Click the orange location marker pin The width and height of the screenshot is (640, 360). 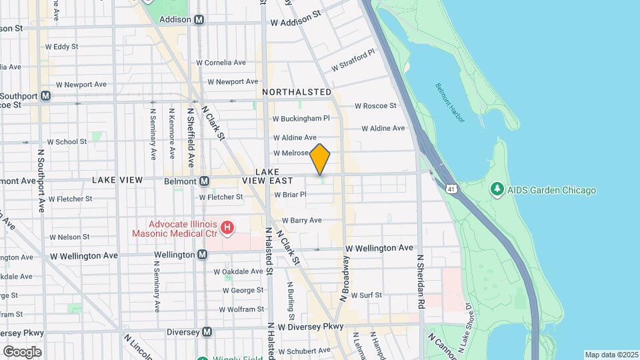coord(320,159)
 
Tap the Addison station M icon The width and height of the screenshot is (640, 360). coord(199,20)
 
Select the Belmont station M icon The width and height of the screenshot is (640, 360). coord(205,181)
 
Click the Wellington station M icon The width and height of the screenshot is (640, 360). coord(202,255)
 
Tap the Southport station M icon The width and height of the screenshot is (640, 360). coord(45,95)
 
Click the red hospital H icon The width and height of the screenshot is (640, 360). coord(228,229)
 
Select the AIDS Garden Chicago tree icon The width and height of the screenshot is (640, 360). coord(497,190)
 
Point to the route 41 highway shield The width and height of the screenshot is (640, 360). coord(452,190)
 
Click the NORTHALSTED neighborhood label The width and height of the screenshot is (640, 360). coord(297,91)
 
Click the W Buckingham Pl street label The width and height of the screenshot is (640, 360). coord(301,119)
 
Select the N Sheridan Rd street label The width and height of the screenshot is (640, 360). coord(421,280)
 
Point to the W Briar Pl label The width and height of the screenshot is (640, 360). coord(290,195)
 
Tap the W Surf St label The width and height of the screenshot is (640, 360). coord(367,295)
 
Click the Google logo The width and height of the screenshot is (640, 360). coord(22,351)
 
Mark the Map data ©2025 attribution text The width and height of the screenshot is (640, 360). coord(611,355)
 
